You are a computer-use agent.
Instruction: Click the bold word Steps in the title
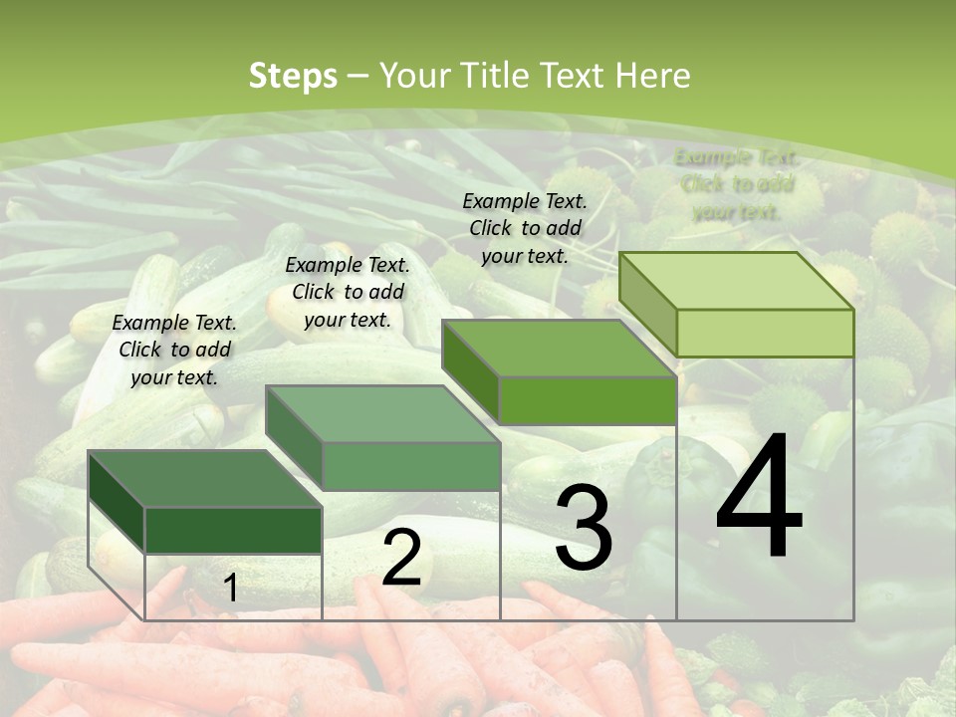[x=293, y=76]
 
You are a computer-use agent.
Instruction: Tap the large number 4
[x=759, y=498]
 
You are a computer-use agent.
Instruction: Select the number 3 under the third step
[x=583, y=528]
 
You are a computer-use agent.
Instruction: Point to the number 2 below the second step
[x=401, y=558]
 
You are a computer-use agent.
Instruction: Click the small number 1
[x=231, y=589]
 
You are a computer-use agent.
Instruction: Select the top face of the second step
[x=383, y=414]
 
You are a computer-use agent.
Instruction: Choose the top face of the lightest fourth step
[x=737, y=281]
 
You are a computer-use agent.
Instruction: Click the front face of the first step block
[x=233, y=531]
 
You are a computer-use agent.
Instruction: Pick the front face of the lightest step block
[x=765, y=333]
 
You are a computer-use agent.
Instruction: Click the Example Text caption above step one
[x=174, y=350]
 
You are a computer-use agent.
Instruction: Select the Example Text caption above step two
[x=348, y=292]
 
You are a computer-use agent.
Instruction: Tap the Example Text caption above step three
[x=525, y=228]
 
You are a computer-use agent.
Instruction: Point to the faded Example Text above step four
[x=737, y=184]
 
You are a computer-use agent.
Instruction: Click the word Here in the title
[x=653, y=76]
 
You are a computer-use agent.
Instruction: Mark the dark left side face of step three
[x=470, y=370]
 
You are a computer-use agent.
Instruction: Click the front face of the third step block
[x=588, y=400]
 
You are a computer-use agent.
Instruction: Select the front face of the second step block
[x=411, y=466]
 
